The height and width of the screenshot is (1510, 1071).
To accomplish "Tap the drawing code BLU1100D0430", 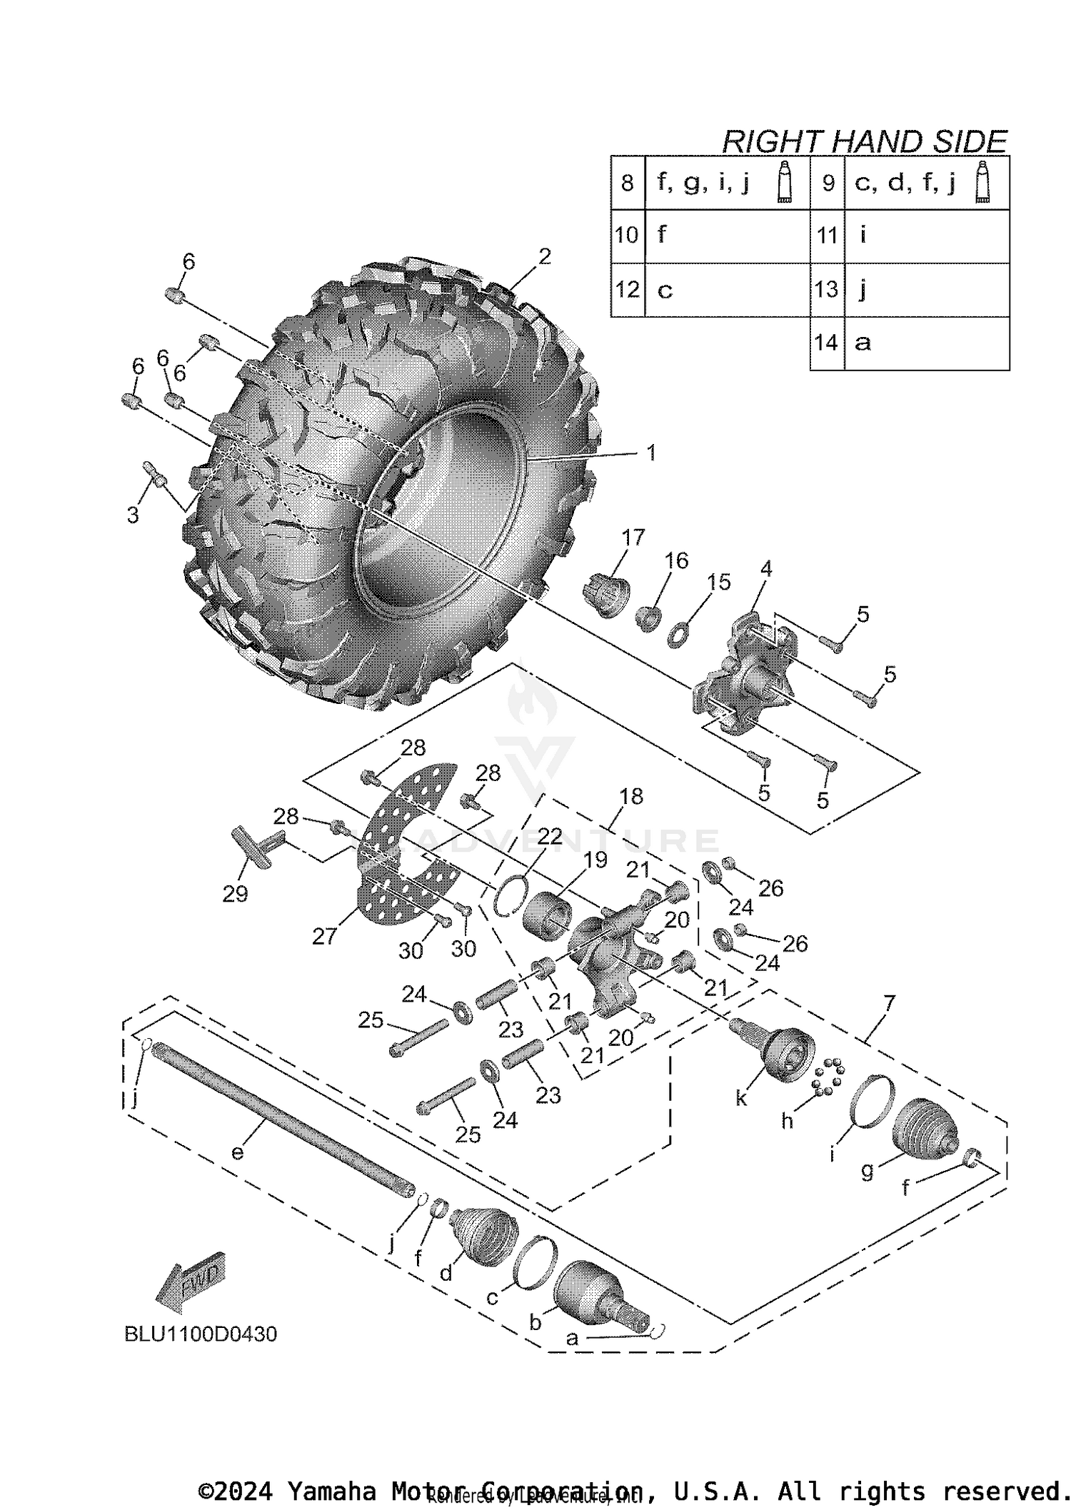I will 201,1334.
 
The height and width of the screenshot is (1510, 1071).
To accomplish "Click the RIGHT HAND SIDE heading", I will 864,141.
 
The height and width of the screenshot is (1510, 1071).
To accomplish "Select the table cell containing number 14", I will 826,343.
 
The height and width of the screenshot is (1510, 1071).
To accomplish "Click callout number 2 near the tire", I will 545,256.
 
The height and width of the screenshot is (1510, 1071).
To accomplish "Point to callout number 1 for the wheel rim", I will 650,453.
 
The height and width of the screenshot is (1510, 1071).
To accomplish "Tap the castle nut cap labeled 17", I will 609,594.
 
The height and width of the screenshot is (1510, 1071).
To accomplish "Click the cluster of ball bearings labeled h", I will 828,1077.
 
